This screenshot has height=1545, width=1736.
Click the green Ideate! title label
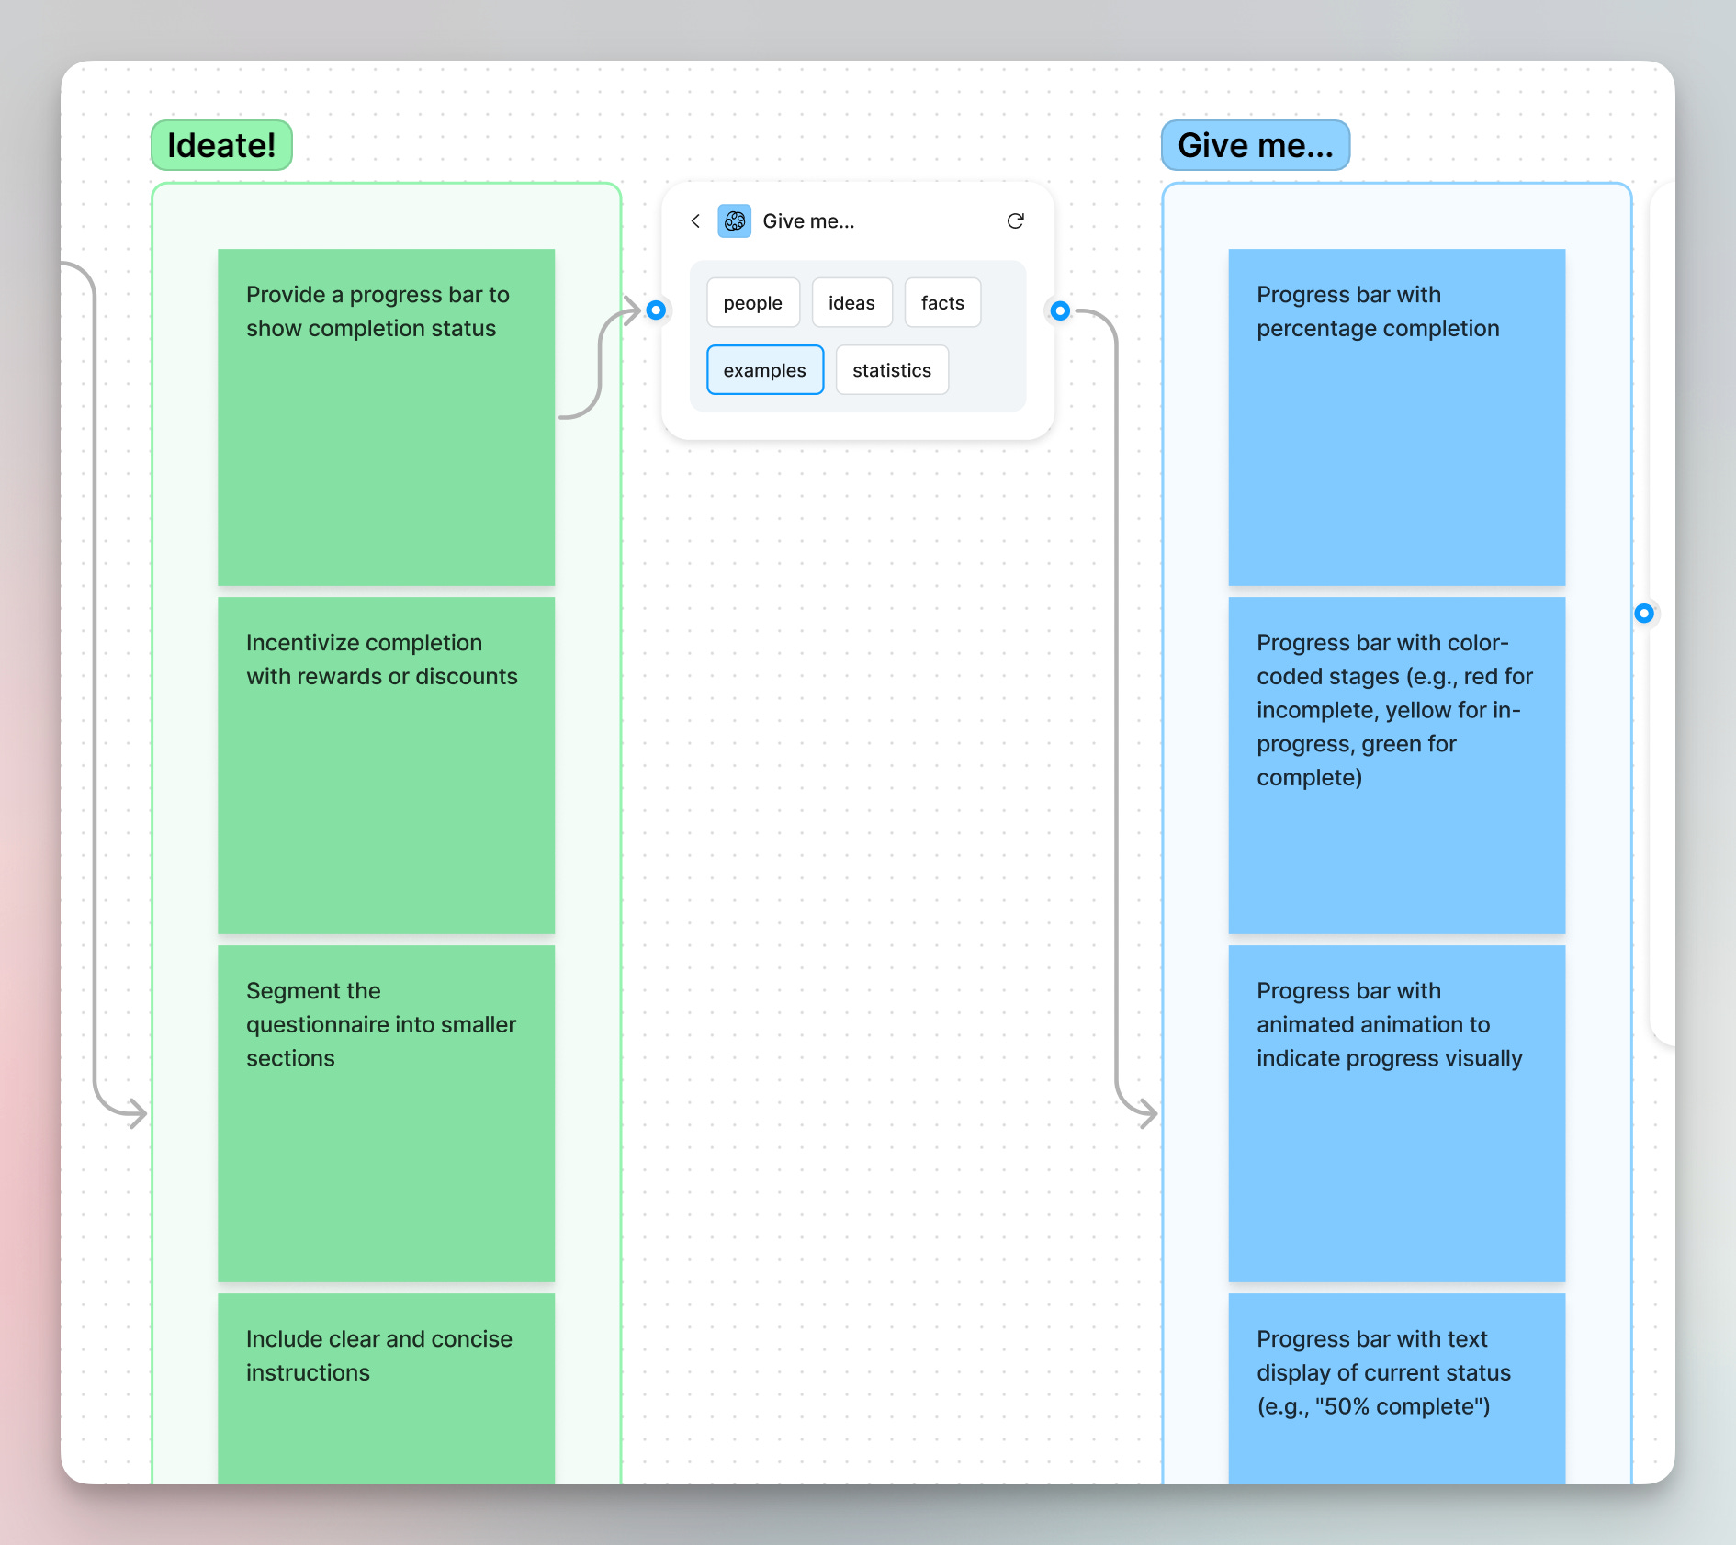point(221,145)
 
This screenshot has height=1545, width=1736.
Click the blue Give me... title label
point(1255,145)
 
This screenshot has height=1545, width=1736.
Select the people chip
point(752,303)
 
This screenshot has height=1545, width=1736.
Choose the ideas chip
point(851,303)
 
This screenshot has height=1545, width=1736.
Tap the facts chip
point(942,303)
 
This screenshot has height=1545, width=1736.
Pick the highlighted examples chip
point(764,370)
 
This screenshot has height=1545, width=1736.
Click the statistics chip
point(891,370)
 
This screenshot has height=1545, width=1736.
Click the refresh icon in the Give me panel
point(1015,221)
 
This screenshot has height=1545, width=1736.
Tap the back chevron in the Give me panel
point(695,221)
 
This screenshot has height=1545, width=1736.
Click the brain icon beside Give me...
point(735,221)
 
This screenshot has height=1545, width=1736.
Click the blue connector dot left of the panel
point(656,310)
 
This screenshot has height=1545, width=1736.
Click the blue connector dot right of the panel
point(1060,310)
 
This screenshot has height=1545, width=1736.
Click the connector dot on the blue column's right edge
point(1644,614)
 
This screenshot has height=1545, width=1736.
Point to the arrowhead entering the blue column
point(1148,1114)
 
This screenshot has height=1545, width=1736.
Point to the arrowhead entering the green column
point(138,1114)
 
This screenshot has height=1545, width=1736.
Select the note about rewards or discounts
point(386,765)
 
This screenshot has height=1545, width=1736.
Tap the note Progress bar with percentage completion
point(1396,417)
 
